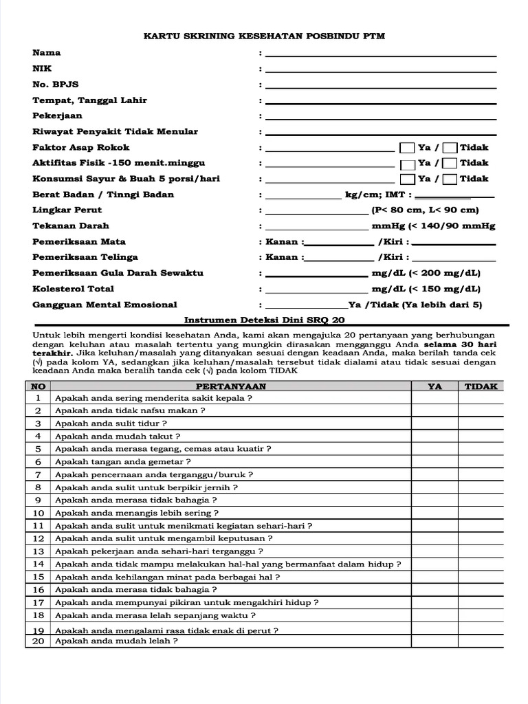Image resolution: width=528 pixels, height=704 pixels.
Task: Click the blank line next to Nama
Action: (380, 54)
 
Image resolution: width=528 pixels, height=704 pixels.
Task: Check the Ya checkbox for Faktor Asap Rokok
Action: (407, 148)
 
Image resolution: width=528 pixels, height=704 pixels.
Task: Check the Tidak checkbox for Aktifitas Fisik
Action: (450, 164)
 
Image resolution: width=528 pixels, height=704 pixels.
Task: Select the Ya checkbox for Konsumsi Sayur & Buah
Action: (407, 179)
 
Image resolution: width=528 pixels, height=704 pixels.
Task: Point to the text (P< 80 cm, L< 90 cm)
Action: (425, 210)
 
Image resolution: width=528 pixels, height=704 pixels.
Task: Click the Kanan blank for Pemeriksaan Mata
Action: (338, 242)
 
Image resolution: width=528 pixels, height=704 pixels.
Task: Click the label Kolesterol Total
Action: (74, 289)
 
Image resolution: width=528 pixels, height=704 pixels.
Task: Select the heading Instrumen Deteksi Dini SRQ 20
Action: (265, 320)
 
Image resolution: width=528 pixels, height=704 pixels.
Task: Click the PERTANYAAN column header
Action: (230, 386)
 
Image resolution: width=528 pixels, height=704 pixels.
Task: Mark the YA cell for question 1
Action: (434, 398)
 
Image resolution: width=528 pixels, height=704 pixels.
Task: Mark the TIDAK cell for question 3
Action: (481, 423)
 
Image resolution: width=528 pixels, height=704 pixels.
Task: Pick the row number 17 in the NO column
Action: (38, 602)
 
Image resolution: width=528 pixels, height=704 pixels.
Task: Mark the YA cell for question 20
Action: (434, 641)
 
